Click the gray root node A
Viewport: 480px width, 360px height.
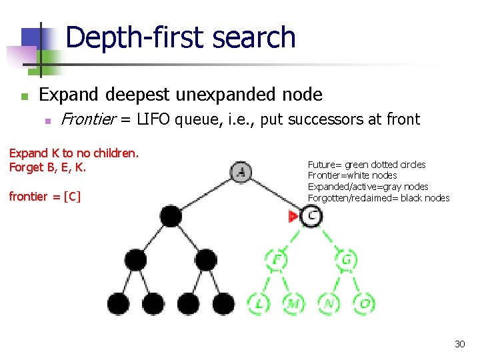point(241,173)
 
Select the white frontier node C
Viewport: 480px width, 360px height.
point(311,215)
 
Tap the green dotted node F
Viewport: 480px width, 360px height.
point(276,259)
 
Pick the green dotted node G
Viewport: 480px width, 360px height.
point(346,259)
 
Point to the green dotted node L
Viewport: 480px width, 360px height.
point(259,303)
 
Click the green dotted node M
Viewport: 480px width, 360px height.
point(294,303)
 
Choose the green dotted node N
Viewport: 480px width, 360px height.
point(329,303)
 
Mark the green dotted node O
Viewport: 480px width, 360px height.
point(364,303)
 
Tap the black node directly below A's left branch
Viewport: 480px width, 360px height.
point(171,216)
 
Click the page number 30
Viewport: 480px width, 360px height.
point(459,344)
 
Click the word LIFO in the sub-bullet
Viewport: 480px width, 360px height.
point(157,120)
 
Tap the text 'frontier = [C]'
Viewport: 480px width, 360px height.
point(45,196)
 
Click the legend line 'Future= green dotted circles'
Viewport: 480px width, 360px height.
point(366,165)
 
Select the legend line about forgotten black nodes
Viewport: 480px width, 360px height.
point(378,198)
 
